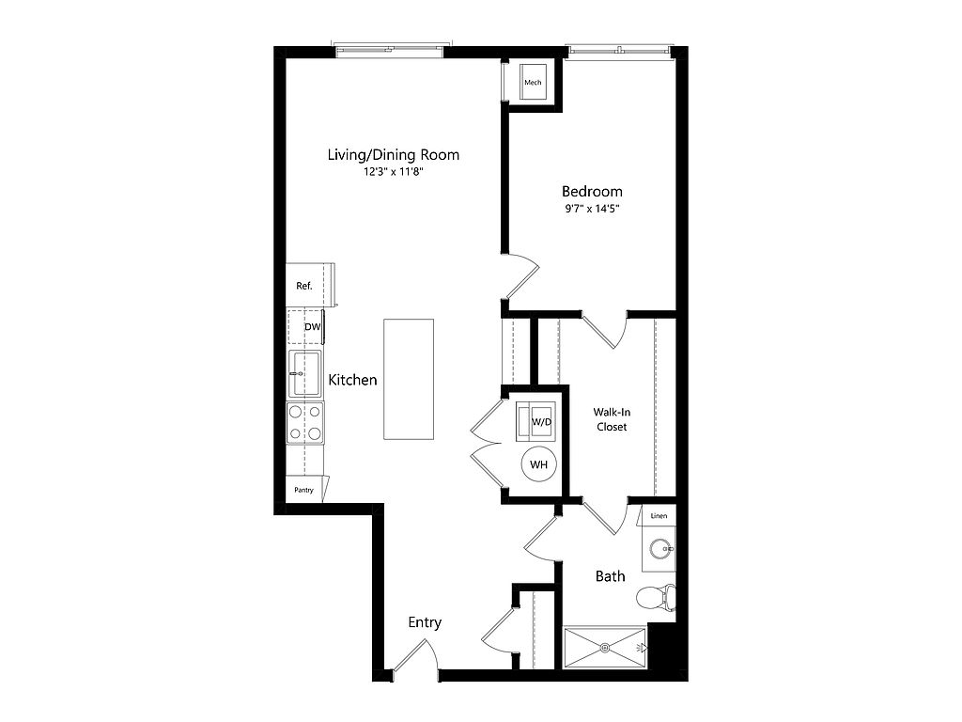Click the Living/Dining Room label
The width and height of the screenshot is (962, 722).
pos(394,155)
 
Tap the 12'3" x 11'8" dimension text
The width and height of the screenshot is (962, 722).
pos(394,173)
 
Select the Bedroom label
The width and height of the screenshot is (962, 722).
pos(592,192)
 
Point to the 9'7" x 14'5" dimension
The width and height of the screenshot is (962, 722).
pos(592,209)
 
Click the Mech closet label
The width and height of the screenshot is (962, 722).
pos(533,83)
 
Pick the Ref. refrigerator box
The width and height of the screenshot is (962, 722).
pos(310,285)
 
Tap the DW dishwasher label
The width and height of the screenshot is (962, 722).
pos(312,326)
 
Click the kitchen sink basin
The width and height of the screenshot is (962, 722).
pos(305,373)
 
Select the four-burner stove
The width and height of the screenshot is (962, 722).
pos(305,422)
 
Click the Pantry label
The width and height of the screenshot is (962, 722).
pos(303,490)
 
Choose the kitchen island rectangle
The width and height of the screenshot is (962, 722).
pos(409,379)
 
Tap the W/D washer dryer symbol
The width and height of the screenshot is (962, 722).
pos(536,421)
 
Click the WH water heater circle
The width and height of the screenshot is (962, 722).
pos(538,464)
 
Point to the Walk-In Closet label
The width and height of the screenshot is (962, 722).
pos(612,419)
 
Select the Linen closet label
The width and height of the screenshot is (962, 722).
pos(659,516)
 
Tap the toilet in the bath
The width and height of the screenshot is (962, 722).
pos(655,597)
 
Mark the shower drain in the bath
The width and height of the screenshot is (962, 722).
pos(605,647)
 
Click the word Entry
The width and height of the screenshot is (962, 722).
pos(425,622)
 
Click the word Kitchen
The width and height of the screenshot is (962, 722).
pos(353,380)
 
